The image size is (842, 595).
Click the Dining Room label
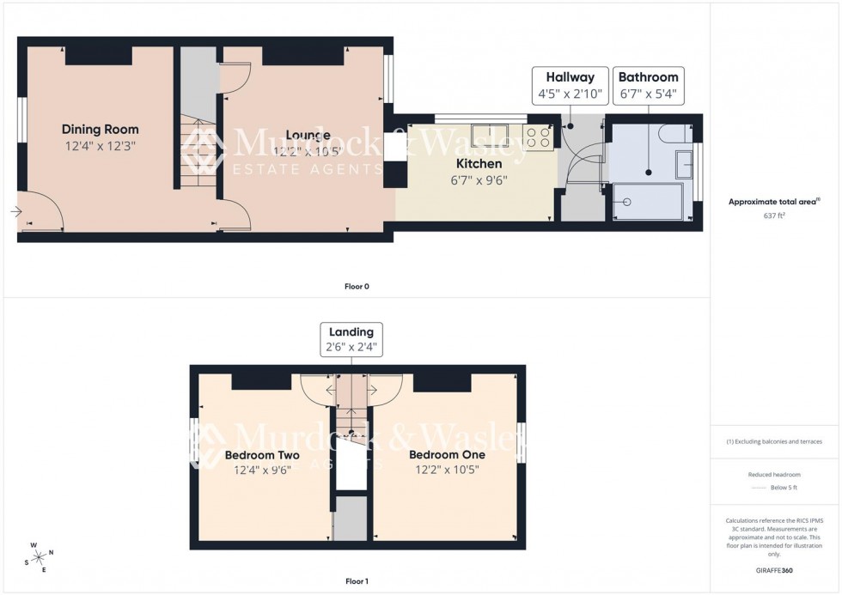100,130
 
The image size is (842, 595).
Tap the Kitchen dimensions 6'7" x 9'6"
479,180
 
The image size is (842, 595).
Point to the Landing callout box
351,340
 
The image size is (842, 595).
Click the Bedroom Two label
262,455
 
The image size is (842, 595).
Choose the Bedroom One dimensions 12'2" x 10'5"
447,470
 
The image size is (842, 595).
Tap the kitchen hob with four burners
539,138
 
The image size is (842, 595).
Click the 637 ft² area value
774,216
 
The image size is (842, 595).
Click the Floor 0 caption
356,286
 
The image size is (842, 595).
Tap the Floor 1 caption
356,581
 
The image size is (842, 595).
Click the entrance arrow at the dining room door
16,211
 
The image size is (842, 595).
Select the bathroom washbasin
685,163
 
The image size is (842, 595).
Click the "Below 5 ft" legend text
782,488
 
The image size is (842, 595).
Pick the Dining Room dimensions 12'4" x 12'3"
100,146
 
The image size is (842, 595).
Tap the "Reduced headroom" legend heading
774,474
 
